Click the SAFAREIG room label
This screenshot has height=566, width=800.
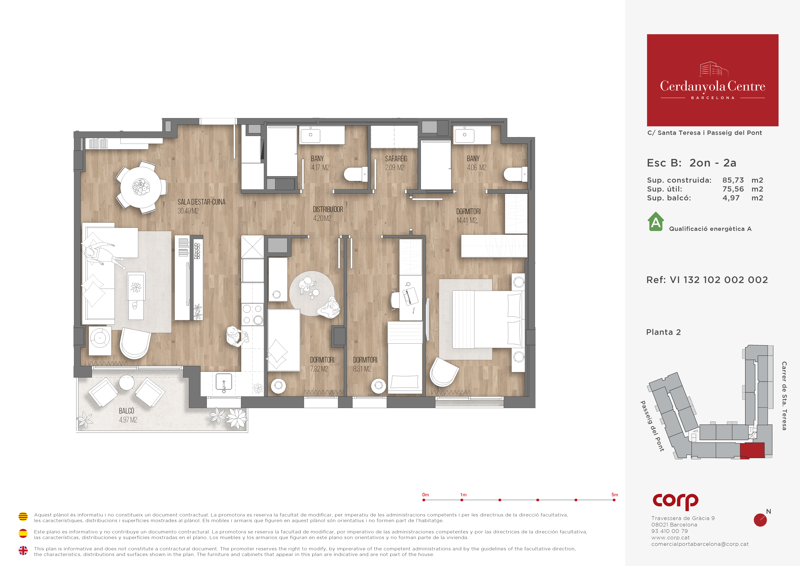[396, 159]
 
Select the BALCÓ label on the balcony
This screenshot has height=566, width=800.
[127, 411]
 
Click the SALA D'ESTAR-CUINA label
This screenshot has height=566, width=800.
[201, 202]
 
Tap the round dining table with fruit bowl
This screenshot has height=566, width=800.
[141, 187]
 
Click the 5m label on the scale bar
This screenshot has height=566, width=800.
[615, 495]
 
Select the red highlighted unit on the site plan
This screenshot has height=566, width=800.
[752, 450]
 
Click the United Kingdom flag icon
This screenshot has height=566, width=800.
[23, 550]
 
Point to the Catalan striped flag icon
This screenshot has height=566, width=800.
[23, 516]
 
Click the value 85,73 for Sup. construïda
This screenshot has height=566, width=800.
[733, 180]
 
